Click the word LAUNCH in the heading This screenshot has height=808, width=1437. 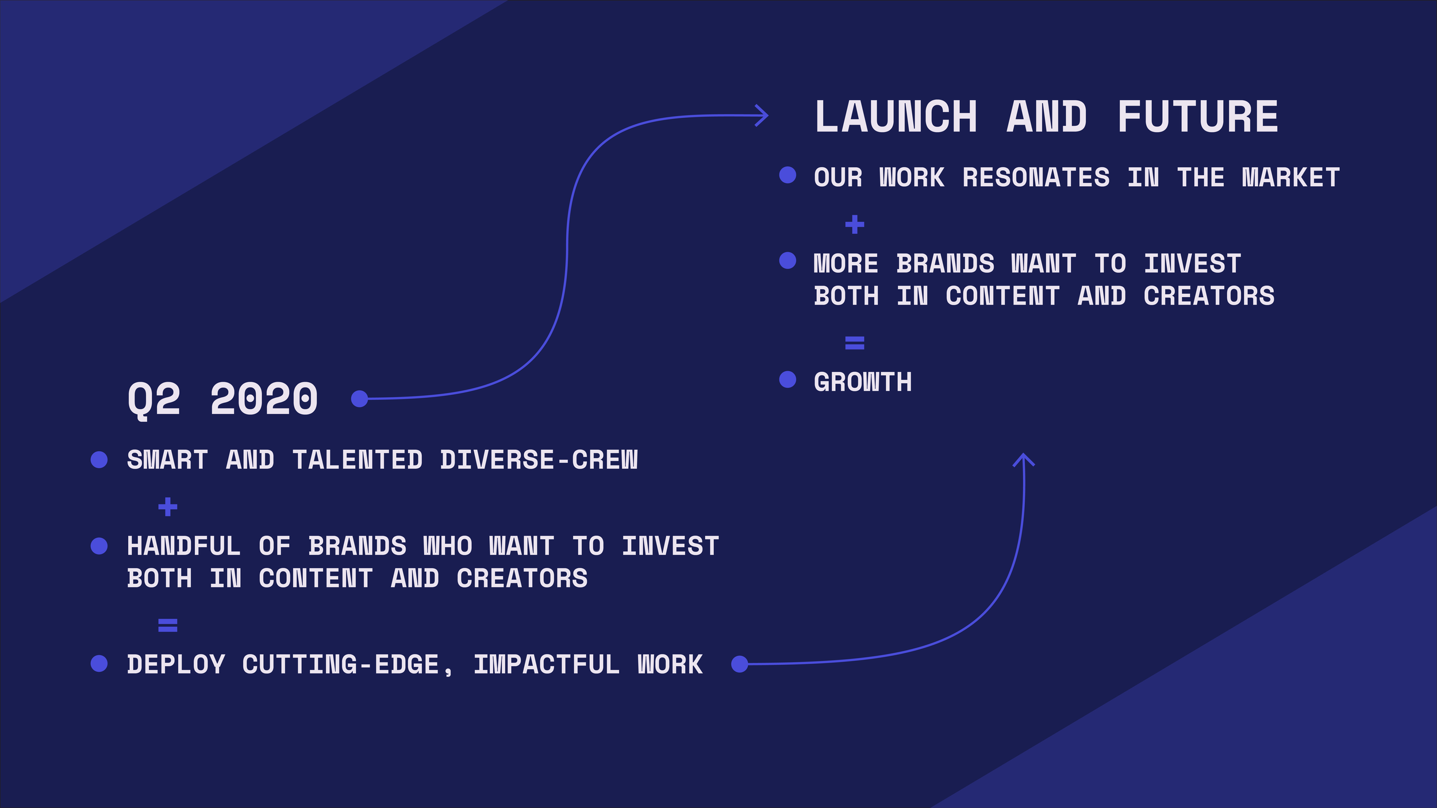tap(896, 117)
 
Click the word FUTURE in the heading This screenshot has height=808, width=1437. tap(1198, 117)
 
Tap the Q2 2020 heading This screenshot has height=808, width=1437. tap(222, 399)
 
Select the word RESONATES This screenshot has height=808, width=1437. tap(1036, 178)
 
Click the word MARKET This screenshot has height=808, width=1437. tap(1290, 178)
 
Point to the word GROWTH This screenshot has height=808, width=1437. tap(863, 382)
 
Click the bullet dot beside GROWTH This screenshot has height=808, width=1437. tap(787, 379)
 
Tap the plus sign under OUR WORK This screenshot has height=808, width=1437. tap(855, 224)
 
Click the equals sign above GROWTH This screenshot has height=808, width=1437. tap(855, 343)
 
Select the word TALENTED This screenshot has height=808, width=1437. tap(358, 460)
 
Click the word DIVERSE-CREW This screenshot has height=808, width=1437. tap(539, 460)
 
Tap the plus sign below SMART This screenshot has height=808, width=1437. tap(168, 507)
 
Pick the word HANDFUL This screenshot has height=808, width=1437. tap(184, 546)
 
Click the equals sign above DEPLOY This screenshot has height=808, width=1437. tap(168, 625)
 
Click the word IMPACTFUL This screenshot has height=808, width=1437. tap(547, 665)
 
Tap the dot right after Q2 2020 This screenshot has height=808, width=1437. tap(359, 398)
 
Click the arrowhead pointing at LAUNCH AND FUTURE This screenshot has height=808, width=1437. tap(763, 116)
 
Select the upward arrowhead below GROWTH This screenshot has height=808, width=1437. tap(1023, 459)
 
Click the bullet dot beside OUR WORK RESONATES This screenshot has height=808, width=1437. tap(787, 175)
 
